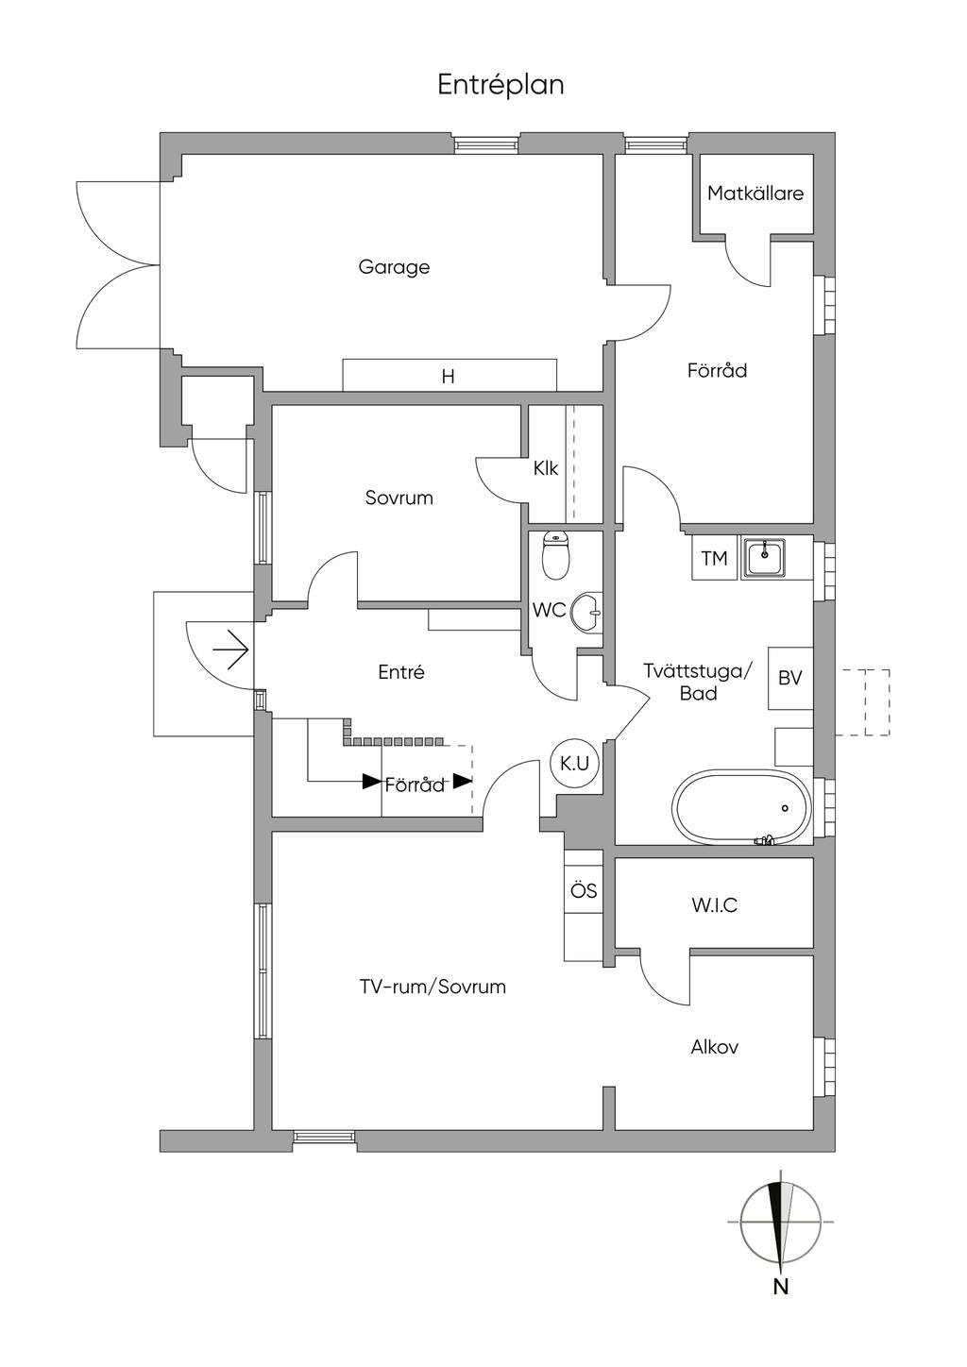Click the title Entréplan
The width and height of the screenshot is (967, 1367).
(500, 85)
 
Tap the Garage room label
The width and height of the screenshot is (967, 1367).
(394, 267)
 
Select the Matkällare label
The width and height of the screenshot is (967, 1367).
(755, 194)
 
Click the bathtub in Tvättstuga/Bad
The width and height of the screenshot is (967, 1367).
(741, 808)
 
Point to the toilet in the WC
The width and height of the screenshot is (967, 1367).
(556, 556)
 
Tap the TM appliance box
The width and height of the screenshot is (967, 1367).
(715, 558)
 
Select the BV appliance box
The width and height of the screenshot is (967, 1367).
(790, 678)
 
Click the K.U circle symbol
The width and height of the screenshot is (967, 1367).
(574, 763)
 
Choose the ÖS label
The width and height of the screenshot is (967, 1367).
(584, 890)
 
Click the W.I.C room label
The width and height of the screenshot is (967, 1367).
(714, 905)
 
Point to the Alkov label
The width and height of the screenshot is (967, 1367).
(714, 1047)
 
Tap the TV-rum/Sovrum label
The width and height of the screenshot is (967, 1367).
(433, 987)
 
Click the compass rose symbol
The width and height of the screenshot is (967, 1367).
(780, 1222)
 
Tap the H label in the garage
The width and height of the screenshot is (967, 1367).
(449, 377)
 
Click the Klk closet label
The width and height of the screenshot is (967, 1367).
(546, 467)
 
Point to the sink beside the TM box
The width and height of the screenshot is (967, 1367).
(765, 558)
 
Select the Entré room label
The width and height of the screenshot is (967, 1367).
(401, 672)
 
